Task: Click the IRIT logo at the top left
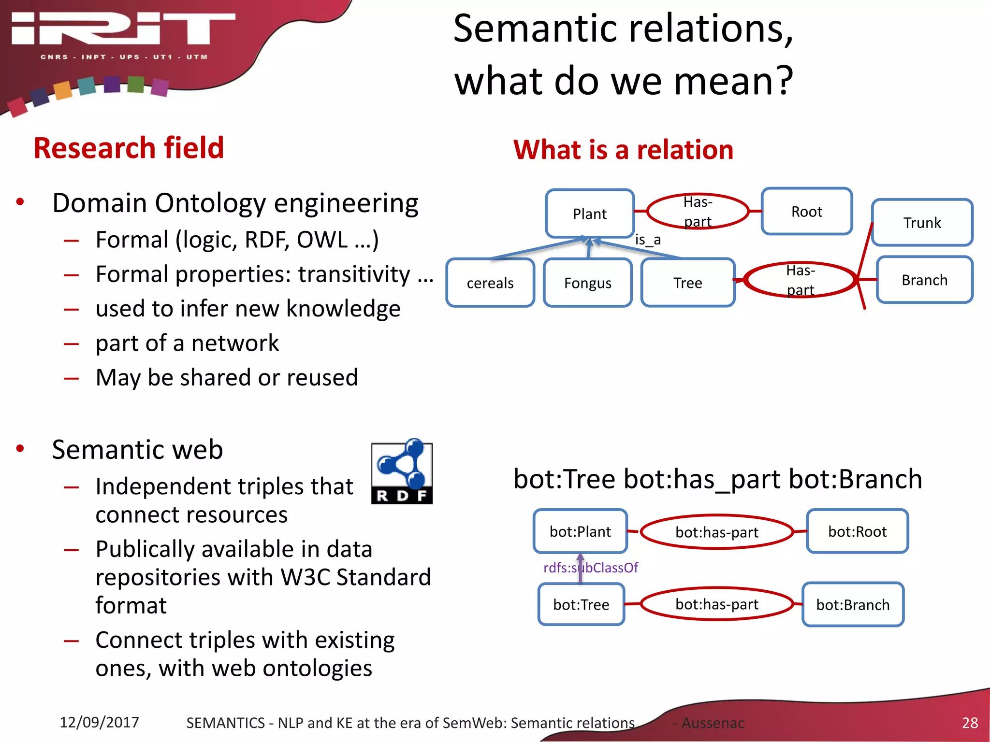[123, 34]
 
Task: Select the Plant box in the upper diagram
[589, 214]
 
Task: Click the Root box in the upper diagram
[806, 212]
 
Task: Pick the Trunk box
[922, 223]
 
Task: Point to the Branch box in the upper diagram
[924, 280]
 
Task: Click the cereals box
[490, 283]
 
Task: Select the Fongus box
[587, 283]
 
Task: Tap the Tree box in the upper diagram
[687, 283]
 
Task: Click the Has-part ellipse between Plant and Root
[698, 212]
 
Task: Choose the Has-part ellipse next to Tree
[800, 280]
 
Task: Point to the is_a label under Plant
[648, 240]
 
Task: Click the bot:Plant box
[580, 531]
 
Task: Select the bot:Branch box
[853, 605]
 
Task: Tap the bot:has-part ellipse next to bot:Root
[716, 532]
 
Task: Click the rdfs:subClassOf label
[591, 568]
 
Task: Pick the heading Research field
[129, 148]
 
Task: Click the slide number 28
[970, 723]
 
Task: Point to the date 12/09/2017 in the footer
[99, 722]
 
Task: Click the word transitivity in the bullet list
[354, 274]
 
